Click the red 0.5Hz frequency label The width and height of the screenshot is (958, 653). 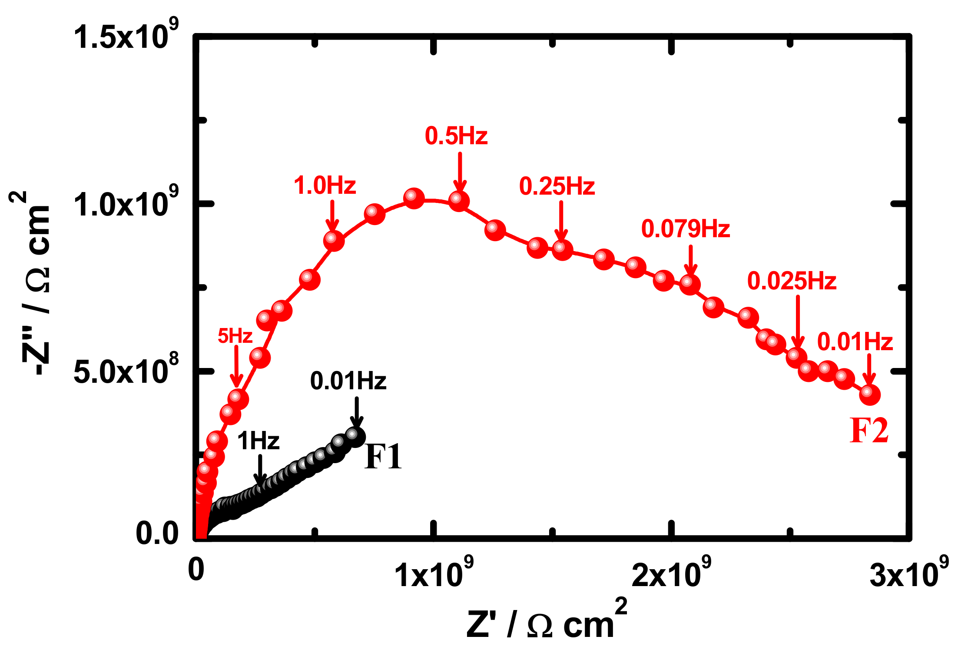456,136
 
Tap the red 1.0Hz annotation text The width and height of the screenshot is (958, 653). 325,186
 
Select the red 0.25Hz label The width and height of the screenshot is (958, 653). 557,186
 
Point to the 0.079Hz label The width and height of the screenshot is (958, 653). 686,229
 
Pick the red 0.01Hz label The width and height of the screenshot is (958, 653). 855,342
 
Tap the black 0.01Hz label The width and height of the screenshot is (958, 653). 348,381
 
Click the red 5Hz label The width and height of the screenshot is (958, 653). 235,336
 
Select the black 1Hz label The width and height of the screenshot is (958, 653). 258,441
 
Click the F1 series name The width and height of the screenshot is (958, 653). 383,457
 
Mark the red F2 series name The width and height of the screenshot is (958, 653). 869,431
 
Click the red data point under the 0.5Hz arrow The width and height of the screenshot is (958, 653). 459,201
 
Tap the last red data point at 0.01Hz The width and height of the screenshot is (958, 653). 869,394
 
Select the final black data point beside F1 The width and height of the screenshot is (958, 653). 355,436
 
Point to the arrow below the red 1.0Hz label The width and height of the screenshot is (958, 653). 332,216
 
